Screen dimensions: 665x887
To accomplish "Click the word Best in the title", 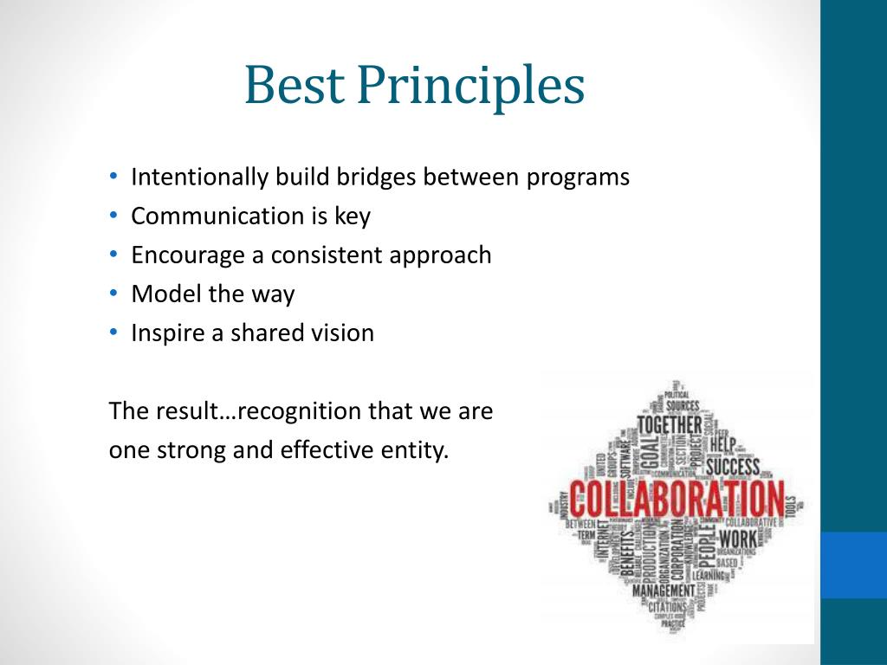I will pos(294,87).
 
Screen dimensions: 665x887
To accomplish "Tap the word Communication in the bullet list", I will pos(217,216).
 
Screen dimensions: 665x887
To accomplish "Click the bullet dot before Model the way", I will pos(114,294).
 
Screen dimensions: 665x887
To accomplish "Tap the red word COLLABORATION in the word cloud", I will pos(675,500).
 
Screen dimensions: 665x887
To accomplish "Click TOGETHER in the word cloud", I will pos(670,425).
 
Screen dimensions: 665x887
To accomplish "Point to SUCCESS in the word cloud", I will pos(733,468).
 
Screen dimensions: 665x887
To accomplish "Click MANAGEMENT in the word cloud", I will pos(664,591).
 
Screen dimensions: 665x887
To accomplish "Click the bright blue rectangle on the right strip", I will pos(853,565).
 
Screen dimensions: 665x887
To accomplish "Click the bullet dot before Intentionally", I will pos(114,177).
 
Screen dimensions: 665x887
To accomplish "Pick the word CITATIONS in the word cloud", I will pos(668,607).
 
